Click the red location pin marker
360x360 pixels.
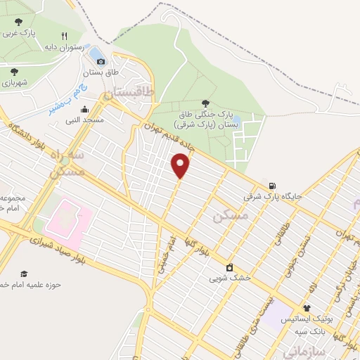click(x=181, y=165)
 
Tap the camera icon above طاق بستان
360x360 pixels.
click(x=101, y=62)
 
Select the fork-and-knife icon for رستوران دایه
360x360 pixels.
click(x=64, y=36)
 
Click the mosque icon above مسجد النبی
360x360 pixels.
click(x=85, y=109)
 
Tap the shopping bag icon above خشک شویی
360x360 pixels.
click(x=229, y=266)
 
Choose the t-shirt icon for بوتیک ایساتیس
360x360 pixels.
click(x=307, y=307)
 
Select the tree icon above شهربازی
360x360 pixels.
click(x=13, y=71)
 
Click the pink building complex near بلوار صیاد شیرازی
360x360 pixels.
click(x=67, y=218)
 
